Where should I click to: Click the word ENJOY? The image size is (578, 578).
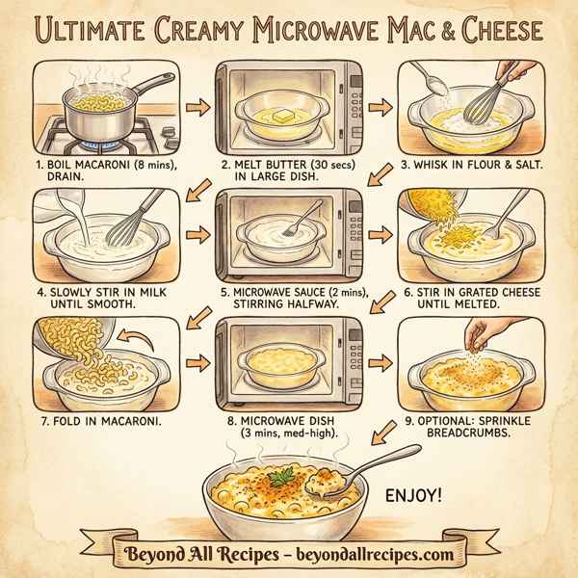coord(414,497)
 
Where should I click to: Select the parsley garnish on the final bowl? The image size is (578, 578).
coord(281,476)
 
